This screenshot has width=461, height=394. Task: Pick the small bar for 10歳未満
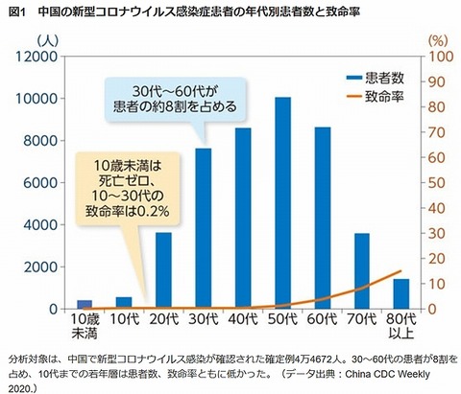(x=85, y=305)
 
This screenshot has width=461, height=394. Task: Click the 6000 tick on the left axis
(x=40, y=183)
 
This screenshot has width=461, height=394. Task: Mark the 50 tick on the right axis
(x=434, y=183)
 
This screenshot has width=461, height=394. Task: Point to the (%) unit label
(x=433, y=40)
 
